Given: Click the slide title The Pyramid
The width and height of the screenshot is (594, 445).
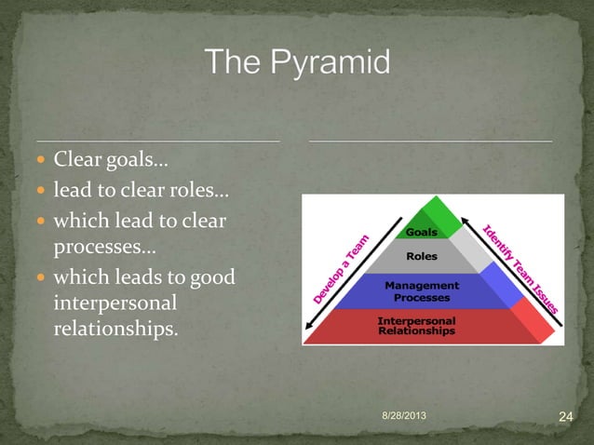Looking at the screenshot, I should [298, 64].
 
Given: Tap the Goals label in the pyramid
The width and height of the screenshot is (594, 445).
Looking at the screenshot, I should [422, 232].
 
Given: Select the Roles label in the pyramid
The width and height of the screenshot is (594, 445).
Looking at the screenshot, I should [422, 256].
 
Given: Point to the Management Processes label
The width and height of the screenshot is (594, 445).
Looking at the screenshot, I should [422, 290].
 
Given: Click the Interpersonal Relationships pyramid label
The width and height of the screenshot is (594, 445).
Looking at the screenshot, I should [417, 325].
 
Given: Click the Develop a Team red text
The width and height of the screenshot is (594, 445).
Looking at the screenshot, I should [340, 269].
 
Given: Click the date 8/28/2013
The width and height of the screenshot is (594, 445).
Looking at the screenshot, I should [405, 413].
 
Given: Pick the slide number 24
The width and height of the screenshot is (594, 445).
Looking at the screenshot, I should [564, 415].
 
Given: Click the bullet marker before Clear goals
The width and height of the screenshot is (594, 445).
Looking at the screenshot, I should [45, 164].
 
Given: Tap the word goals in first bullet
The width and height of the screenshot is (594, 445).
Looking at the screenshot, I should [137, 163].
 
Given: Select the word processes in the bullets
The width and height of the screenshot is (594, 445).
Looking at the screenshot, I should [102, 249].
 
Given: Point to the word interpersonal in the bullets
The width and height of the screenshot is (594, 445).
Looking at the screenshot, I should [110, 304].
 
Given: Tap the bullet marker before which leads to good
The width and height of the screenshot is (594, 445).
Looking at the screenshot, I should [45, 278].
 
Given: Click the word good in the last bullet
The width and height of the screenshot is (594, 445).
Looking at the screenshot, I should [214, 277].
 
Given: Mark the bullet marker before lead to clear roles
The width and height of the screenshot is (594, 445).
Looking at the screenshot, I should [45, 194].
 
